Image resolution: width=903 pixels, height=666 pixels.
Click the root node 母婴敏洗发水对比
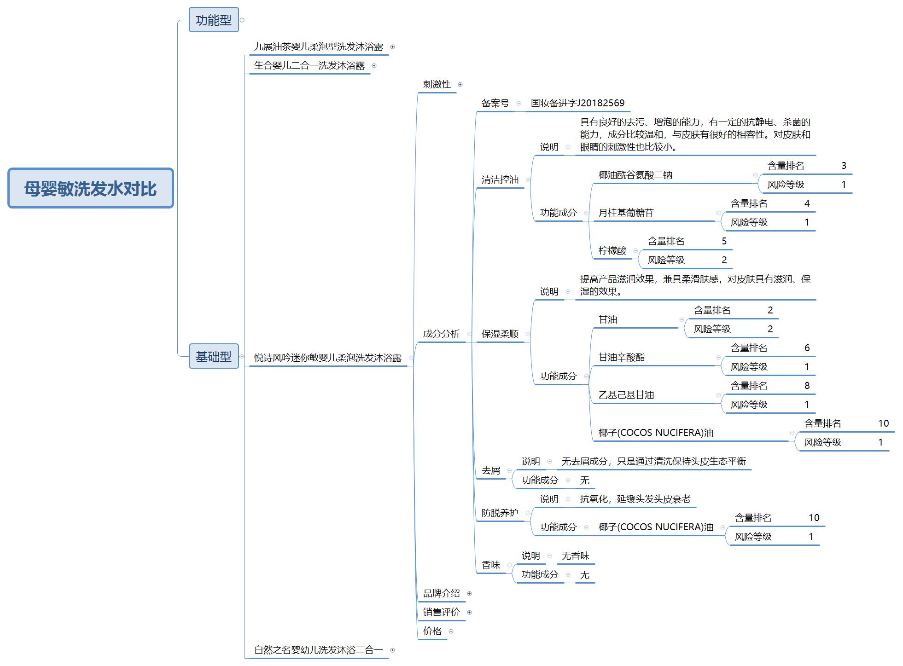click(x=91, y=188)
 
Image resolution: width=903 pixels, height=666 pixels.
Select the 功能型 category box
click(x=214, y=20)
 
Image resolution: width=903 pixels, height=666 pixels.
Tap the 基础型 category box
click(x=214, y=356)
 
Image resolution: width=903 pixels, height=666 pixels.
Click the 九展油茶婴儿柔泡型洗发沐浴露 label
click(x=319, y=46)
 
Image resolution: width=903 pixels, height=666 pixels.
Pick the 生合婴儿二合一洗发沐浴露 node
click(x=309, y=65)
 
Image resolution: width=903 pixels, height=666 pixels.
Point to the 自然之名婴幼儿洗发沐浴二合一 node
click(x=319, y=650)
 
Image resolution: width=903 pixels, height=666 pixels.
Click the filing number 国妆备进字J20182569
click(x=578, y=103)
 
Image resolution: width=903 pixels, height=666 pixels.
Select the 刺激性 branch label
click(x=437, y=84)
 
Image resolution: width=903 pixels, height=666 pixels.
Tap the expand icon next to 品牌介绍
click(x=469, y=593)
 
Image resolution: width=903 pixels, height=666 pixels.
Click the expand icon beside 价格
click(x=451, y=631)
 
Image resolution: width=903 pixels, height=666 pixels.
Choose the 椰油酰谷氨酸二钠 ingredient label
click(x=635, y=175)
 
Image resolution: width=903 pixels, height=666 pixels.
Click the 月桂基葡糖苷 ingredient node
click(x=626, y=213)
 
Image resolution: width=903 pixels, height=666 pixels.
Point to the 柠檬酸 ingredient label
click(x=612, y=250)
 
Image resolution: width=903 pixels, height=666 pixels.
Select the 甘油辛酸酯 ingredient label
click(x=622, y=357)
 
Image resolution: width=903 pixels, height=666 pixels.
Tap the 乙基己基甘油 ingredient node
click(x=626, y=395)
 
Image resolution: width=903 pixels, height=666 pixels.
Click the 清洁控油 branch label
click(x=500, y=180)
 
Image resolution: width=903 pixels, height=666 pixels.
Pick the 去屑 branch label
click(x=491, y=470)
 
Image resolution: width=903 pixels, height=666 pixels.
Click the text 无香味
click(x=576, y=556)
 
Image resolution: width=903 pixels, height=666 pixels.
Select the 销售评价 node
click(x=442, y=612)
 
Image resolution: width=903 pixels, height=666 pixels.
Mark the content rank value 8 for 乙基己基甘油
click(x=807, y=386)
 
